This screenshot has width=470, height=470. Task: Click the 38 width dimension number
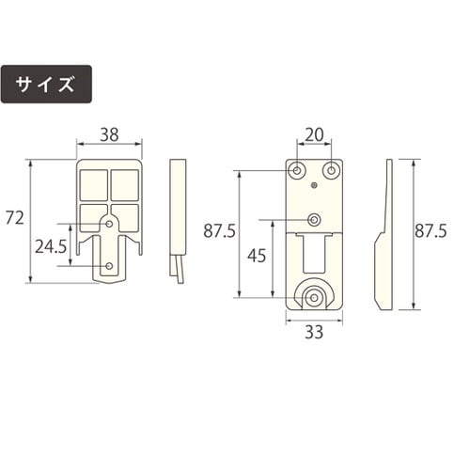tap(109, 134)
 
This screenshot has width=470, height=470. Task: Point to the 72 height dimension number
tap(14, 219)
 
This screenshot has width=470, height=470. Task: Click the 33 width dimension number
tap(314, 331)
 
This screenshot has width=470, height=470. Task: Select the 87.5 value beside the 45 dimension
tap(220, 231)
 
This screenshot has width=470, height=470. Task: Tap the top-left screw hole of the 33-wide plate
tap(297, 171)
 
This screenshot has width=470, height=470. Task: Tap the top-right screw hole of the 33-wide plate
tap(331, 171)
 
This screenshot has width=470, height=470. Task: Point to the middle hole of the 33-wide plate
tap(314, 220)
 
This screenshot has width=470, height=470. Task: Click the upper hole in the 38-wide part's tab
tap(110, 224)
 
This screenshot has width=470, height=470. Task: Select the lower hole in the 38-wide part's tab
tap(110, 268)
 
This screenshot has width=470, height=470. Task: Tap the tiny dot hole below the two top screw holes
tap(314, 187)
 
